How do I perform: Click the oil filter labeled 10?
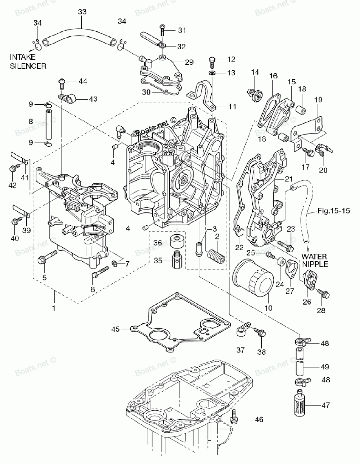tap(253, 278)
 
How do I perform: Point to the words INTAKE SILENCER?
tap(28, 61)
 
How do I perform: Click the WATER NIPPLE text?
tap(315, 260)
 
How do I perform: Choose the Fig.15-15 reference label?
tap(334, 211)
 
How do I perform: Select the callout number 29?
tap(189, 62)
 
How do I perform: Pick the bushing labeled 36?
tap(177, 242)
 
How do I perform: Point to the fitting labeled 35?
tap(177, 260)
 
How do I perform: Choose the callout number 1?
tap(54, 308)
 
